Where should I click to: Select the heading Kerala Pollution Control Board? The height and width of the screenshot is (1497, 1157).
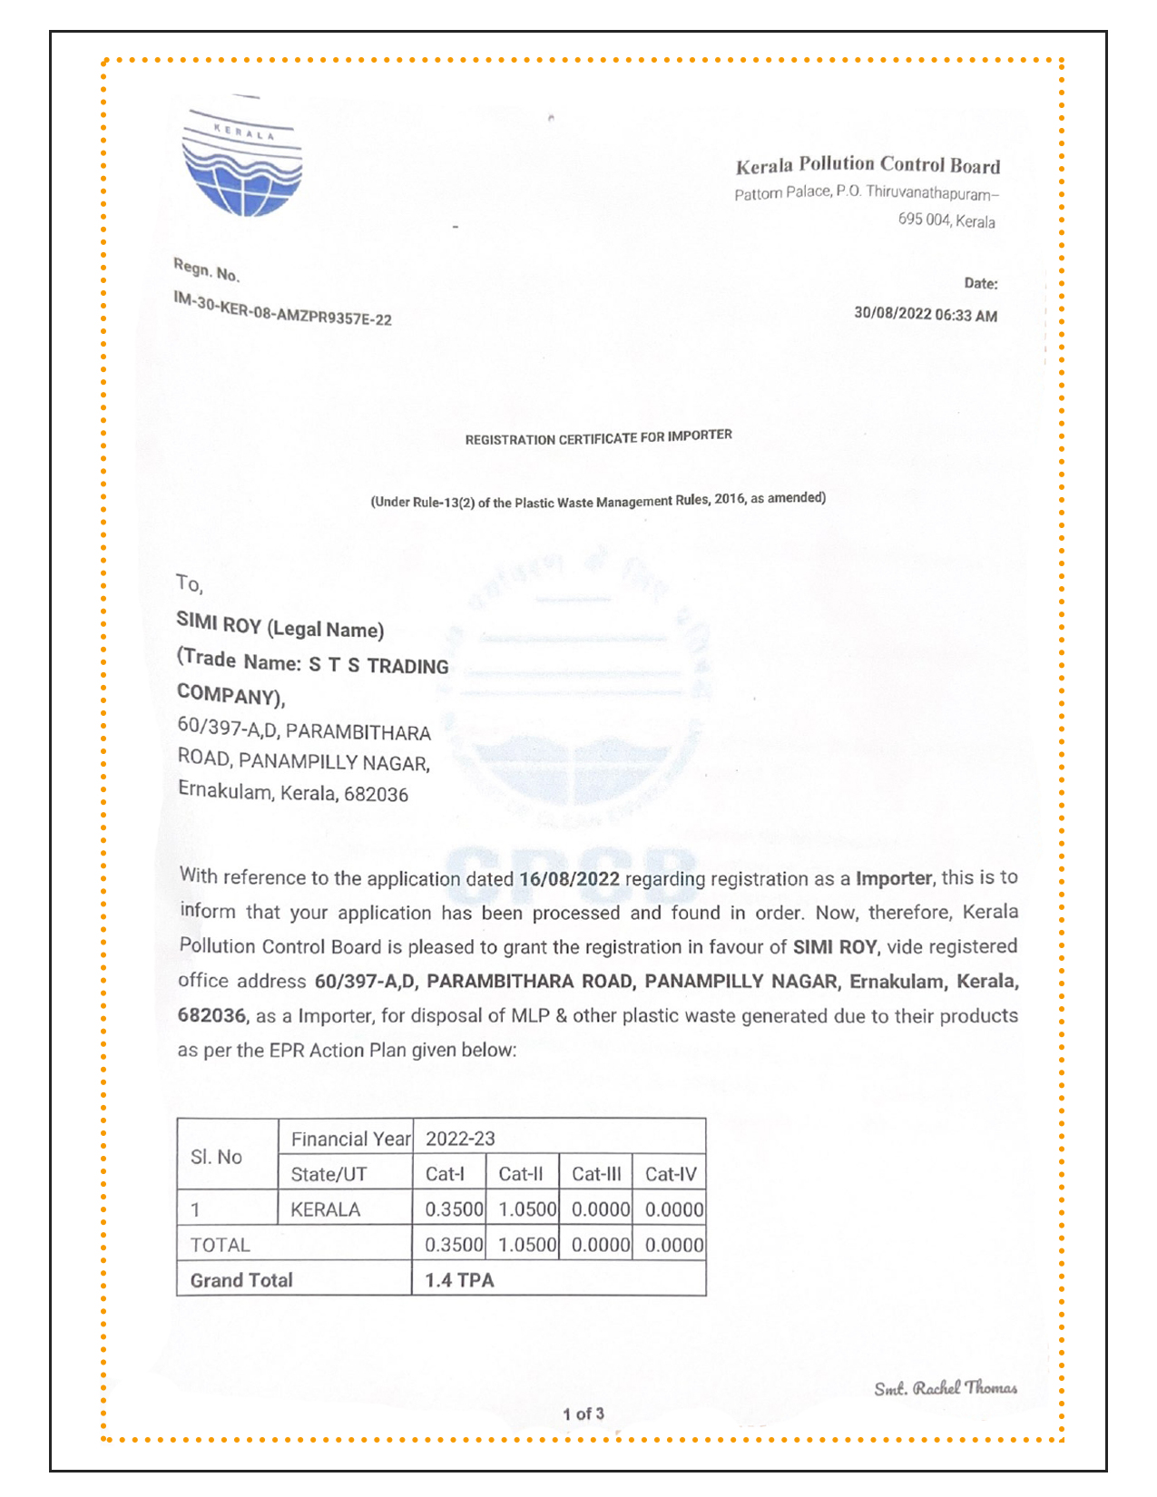868,165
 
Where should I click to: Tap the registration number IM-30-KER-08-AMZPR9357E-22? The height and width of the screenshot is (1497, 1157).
282,309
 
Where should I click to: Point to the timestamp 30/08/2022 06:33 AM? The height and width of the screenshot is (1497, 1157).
925,315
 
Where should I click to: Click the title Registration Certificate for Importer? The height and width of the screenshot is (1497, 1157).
598,437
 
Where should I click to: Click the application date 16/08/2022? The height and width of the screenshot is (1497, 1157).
569,878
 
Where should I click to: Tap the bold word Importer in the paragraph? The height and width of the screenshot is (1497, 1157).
893,878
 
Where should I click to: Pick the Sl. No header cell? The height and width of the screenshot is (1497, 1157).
217,1157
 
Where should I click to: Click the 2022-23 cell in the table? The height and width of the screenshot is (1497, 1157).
461,1139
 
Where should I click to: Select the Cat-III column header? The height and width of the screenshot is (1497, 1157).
596,1174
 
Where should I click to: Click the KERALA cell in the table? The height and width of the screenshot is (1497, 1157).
326,1209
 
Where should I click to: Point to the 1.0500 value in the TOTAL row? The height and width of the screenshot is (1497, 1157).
527,1245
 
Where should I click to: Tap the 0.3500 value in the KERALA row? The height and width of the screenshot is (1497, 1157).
454,1209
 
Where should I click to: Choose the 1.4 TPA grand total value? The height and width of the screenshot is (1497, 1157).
460,1280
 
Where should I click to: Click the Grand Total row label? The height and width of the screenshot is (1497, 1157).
241,1280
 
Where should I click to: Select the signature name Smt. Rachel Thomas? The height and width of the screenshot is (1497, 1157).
945,1388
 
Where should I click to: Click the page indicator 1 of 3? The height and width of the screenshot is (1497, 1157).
583,1414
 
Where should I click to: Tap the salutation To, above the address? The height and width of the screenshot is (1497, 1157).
189,582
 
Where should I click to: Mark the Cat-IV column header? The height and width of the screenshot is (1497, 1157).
671,1174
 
